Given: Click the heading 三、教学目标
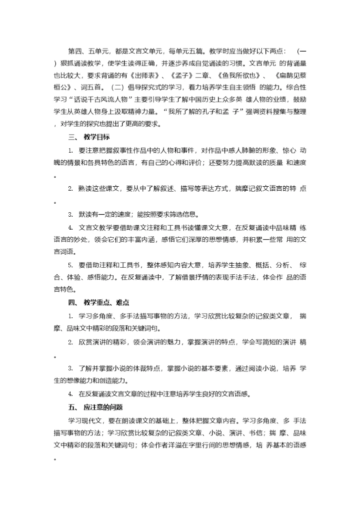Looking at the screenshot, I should point(89,137).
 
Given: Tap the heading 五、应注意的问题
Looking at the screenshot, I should point(95,406).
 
